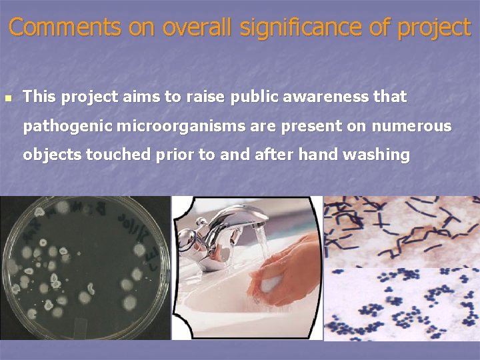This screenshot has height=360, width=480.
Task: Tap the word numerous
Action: tap(411, 126)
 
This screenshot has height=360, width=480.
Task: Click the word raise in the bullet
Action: tap(206, 97)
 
